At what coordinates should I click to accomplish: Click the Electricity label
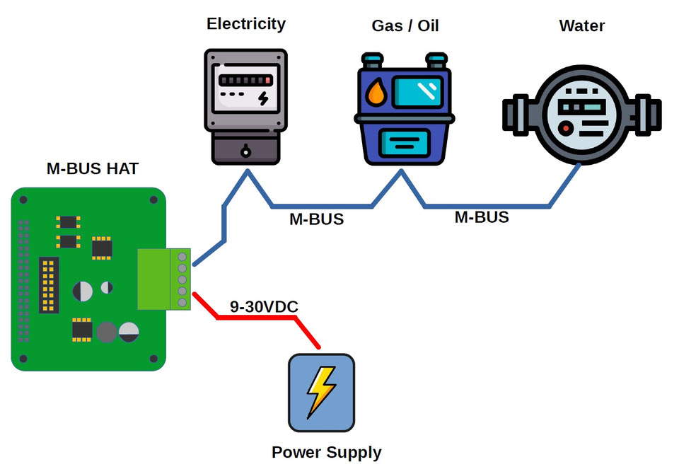coord(245,24)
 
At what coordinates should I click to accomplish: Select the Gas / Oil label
coord(405,26)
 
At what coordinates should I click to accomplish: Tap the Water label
coord(581,26)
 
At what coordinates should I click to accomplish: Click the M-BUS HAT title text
coord(93,169)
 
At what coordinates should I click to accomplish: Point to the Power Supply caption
coord(326,453)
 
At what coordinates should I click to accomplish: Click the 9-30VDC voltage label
coord(264,307)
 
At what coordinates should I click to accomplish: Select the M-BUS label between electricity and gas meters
coord(316,219)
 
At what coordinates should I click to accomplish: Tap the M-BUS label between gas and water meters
coord(481,217)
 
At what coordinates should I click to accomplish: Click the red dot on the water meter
coord(566,128)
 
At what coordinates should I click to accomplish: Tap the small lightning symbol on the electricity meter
coord(263,98)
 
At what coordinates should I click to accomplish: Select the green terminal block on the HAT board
coord(163,279)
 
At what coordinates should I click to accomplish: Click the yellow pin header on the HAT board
coord(49,287)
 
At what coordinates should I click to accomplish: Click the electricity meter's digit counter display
coord(245,81)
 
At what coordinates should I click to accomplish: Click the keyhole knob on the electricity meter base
coord(245,150)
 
